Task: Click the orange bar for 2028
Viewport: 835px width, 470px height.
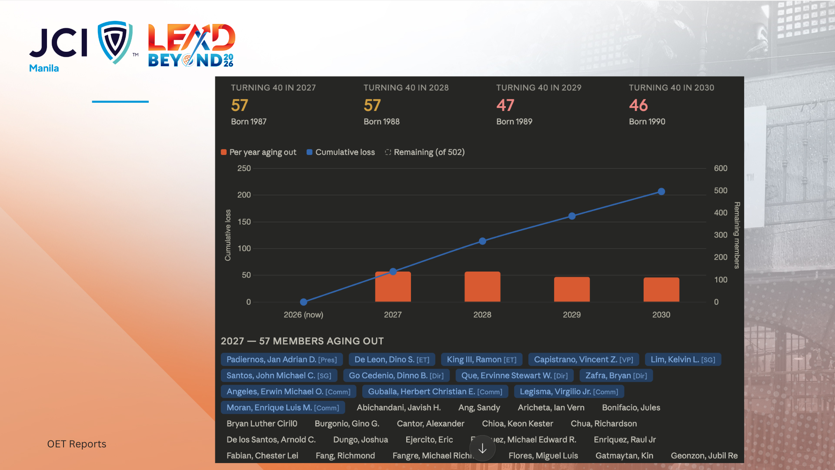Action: (482, 287)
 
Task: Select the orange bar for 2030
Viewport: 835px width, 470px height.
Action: (661, 289)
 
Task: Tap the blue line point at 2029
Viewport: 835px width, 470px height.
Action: (572, 216)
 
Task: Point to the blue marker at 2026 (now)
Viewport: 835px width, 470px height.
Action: (304, 302)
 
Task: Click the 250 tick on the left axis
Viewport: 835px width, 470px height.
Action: (244, 168)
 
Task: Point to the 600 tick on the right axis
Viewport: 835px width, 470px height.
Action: (721, 168)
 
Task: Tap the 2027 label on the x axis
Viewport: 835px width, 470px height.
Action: (393, 315)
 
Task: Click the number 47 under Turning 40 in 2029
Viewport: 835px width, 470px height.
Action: (505, 105)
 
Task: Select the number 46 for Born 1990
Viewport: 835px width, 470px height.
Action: (638, 105)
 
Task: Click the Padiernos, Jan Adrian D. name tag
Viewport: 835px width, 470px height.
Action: (281, 359)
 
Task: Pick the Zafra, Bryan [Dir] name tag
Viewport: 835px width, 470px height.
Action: (616, 376)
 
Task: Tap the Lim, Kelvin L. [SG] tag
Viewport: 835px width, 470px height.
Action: (682, 359)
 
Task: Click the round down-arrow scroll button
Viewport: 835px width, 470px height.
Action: (482, 449)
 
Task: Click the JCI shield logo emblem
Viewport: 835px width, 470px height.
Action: (115, 42)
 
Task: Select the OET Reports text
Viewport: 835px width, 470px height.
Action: (77, 444)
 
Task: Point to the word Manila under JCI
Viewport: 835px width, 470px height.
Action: (44, 68)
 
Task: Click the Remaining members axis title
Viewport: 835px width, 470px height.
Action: (737, 235)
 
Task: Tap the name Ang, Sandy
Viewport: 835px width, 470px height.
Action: (479, 408)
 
